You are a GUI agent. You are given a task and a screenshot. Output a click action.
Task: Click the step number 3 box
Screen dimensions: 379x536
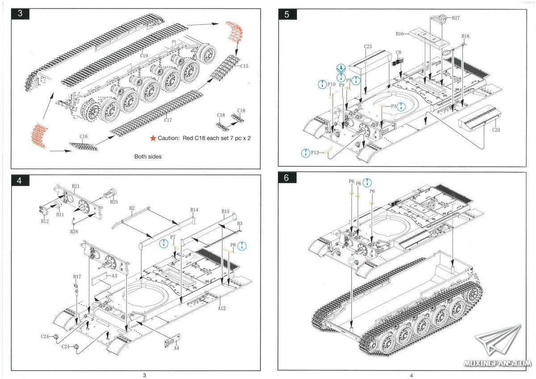pyautogui.click(x=20, y=13)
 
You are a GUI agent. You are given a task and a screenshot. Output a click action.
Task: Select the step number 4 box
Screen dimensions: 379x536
pyautogui.click(x=19, y=181)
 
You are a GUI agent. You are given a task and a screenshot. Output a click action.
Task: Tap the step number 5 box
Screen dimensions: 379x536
pyautogui.click(x=286, y=14)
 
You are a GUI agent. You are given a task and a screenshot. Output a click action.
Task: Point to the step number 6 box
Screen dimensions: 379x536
pyautogui.click(x=286, y=177)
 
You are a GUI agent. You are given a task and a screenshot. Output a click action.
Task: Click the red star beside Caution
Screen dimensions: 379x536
pyautogui.click(x=153, y=138)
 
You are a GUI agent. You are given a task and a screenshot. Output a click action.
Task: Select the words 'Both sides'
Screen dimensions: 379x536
pyautogui.click(x=148, y=157)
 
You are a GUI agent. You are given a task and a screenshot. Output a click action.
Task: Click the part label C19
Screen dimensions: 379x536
pyautogui.click(x=144, y=56)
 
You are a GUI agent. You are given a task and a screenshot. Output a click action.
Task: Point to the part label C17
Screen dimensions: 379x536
pyautogui.click(x=168, y=120)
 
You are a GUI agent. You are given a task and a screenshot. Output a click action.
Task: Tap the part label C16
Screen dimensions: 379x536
pyautogui.click(x=84, y=136)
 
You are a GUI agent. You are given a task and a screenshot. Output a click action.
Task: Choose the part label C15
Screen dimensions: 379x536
pyautogui.click(x=244, y=66)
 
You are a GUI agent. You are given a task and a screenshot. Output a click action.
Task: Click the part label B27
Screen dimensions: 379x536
pyautogui.click(x=456, y=18)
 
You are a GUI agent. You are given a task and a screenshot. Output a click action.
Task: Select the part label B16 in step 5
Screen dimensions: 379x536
pyautogui.click(x=399, y=34)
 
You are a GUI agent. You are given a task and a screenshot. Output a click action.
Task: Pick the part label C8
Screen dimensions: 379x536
pyautogui.click(x=398, y=52)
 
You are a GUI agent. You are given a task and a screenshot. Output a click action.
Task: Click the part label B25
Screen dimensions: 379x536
pyautogui.click(x=114, y=202)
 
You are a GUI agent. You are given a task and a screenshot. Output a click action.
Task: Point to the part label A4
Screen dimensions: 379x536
pyautogui.click(x=176, y=348)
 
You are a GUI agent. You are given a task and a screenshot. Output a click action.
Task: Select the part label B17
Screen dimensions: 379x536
pyautogui.click(x=77, y=277)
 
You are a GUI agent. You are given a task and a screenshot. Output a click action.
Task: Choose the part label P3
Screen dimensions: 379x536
pyautogui.click(x=394, y=106)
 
